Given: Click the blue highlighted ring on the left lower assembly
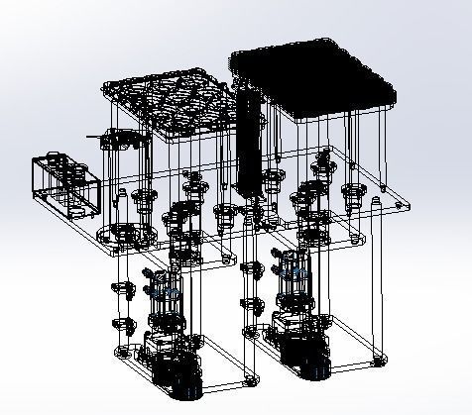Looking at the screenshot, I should click(165, 293).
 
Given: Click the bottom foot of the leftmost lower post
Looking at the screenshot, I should click(121, 351).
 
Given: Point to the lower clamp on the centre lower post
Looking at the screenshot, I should click(248, 302).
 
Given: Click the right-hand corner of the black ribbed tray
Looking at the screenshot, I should click(396, 99).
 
